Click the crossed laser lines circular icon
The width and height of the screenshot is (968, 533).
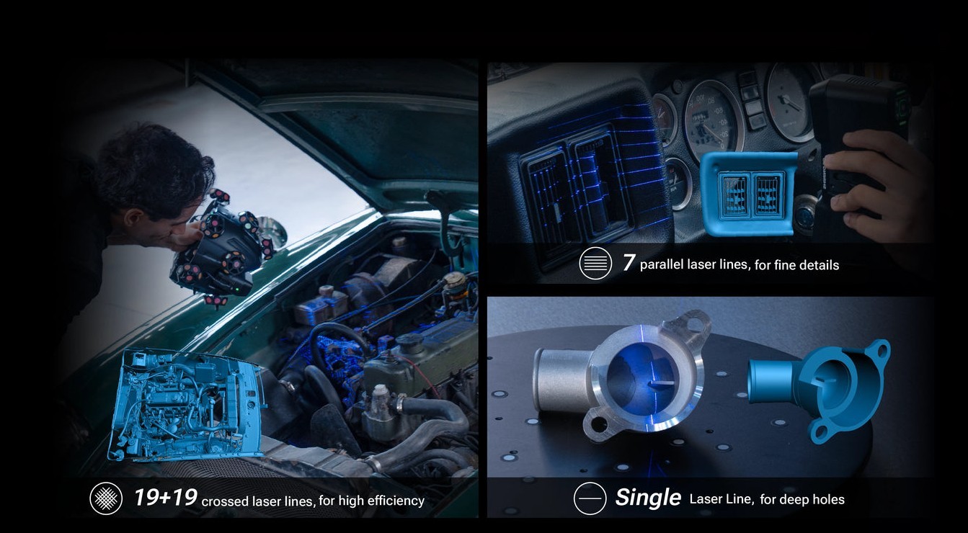[106, 498]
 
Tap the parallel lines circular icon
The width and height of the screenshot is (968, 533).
[595, 263]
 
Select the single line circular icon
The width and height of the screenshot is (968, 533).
[590, 498]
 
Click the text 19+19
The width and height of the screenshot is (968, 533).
[166, 498]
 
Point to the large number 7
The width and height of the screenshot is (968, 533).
[629, 262]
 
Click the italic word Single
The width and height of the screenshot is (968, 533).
[648, 497]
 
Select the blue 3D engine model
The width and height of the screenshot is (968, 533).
[187, 405]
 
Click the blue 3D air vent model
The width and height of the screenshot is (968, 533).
[749, 194]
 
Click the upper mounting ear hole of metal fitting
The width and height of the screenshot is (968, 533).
[693, 323]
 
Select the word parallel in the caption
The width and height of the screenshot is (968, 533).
[661, 264]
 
